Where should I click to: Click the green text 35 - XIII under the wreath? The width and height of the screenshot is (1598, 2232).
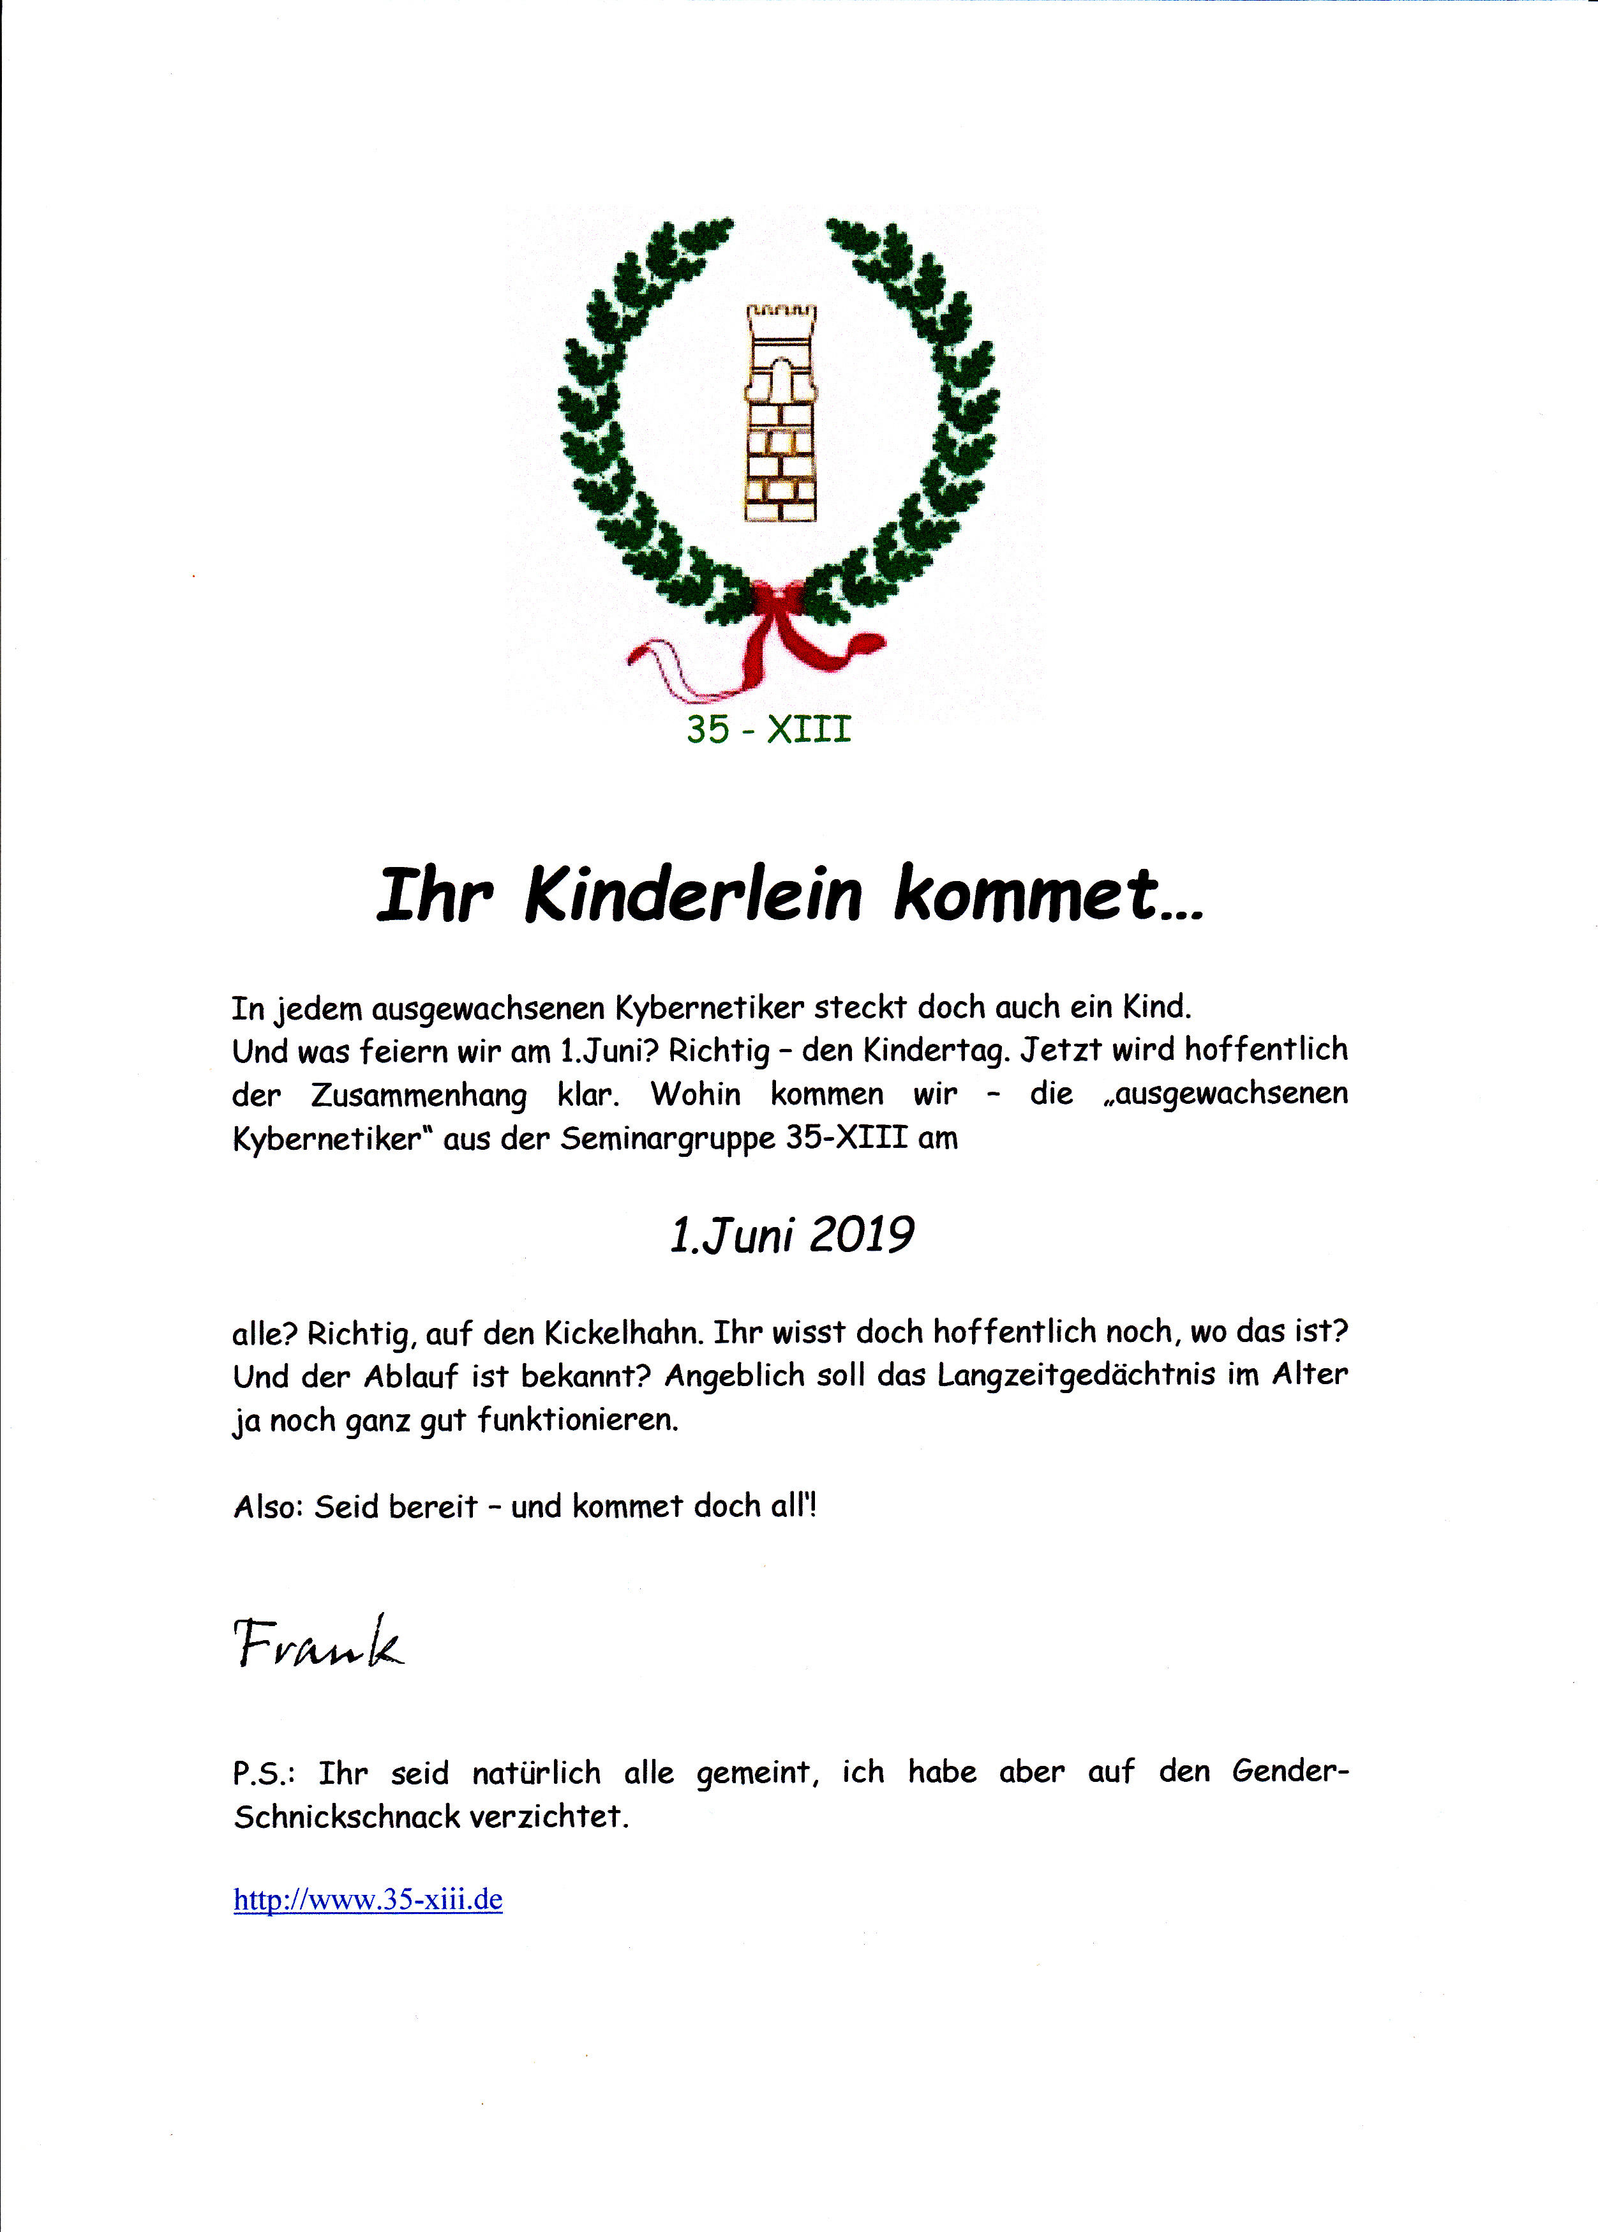[768, 729]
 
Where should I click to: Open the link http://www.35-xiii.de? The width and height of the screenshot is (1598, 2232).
[368, 1899]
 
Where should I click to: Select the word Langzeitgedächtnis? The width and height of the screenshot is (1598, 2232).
[1077, 1376]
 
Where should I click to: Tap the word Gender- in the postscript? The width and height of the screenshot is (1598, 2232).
[1290, 1772]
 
